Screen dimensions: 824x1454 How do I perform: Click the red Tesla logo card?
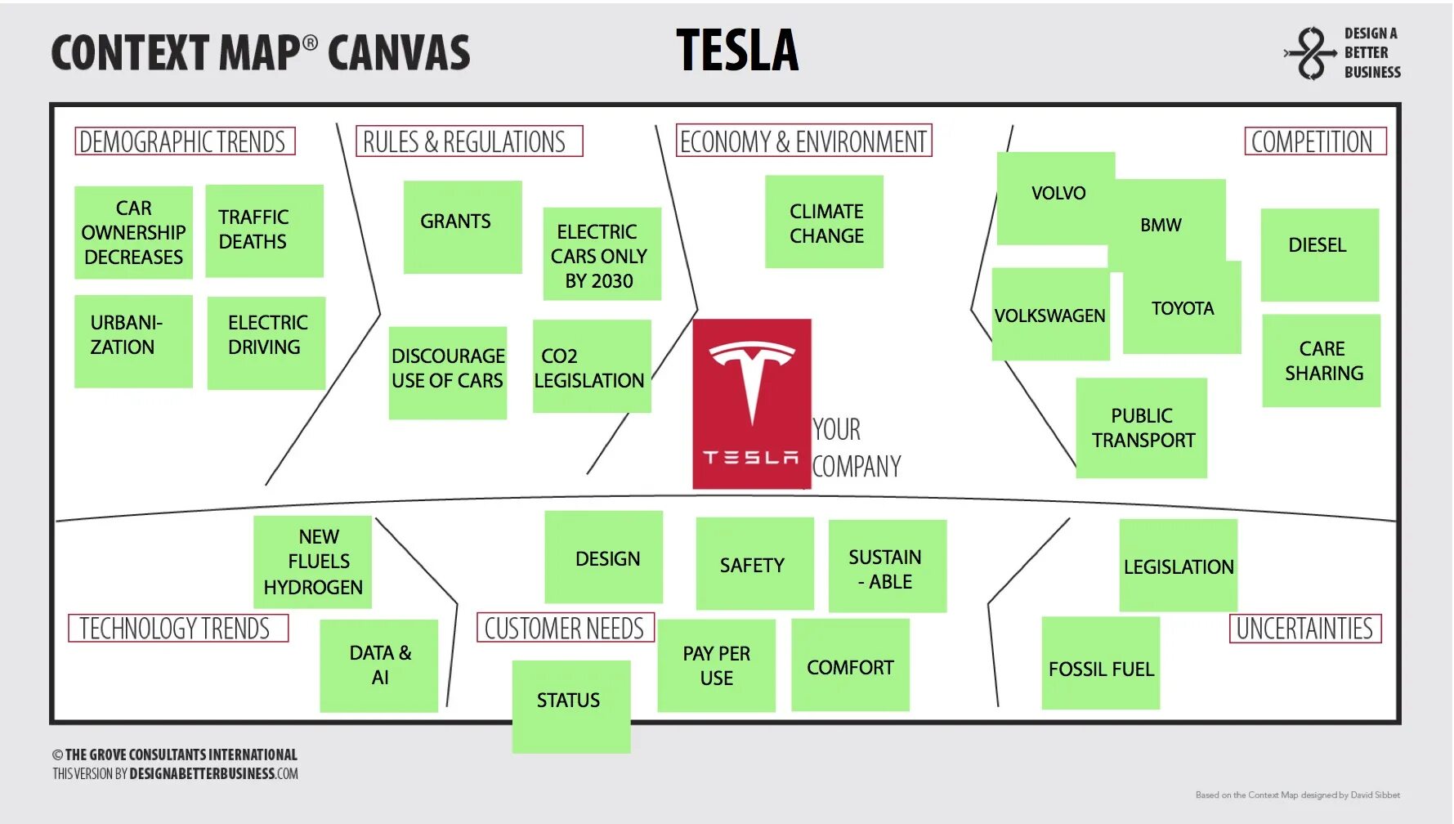tap(751, 404)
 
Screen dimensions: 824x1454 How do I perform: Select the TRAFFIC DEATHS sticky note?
tap(264, 231)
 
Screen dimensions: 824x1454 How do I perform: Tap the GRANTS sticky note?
tap(462, 226)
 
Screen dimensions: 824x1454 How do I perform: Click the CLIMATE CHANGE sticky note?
tap(824, 222)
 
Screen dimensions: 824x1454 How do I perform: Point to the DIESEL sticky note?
tap(1319, 254)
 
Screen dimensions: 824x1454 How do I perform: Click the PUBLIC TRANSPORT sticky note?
tap(1141, 428)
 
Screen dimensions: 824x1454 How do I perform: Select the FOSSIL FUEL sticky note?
tap(1100, 663)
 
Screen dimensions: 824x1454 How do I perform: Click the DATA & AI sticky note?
tap(378, 665)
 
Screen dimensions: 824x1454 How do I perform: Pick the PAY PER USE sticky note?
tap(716, 665)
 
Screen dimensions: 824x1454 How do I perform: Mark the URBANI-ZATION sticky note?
tap(133, 341)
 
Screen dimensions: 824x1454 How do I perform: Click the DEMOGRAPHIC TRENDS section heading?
tap(184, 141)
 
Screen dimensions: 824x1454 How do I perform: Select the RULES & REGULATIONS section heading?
tap(468, 141)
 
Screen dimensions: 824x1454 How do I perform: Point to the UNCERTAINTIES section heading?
tap(1304, 629)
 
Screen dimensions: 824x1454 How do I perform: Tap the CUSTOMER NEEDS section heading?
tap(565, 628)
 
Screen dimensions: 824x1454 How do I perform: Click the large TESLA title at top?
tap(737, 51)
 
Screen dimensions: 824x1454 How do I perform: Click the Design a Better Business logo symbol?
tap(1311, 53)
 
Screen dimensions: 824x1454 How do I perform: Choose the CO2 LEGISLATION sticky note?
tap(591, 366)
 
